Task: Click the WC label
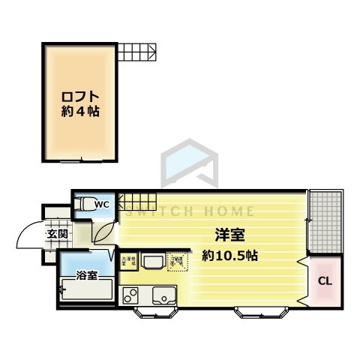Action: [103, 203]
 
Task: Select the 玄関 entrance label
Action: [57, 234]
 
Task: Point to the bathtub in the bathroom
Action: [86, 289]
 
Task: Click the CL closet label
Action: [325, 282]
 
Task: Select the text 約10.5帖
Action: [230, 255]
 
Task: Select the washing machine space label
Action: [127, 261]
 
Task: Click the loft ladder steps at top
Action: [136, 52]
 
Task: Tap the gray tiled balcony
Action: [325, 220]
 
